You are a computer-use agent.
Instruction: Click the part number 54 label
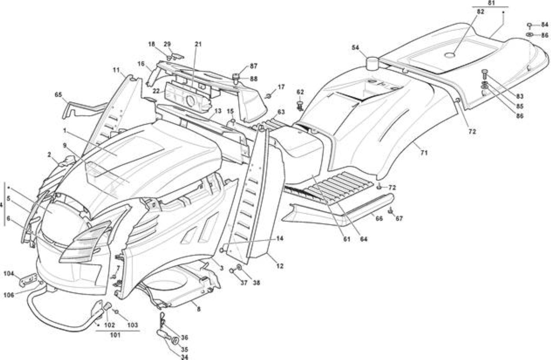(x=356, y=47)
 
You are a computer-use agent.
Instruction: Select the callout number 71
(x=424, y=153)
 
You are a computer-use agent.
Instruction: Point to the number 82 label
(x=480, y=12)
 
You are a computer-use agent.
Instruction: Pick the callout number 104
(x=9, y=274)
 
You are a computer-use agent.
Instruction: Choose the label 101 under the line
(x=115, y=335)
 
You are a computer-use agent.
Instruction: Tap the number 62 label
(x=300, y=92)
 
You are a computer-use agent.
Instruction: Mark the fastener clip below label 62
(x=300, y=105)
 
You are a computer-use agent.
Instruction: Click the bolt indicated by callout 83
(x=484, y=74)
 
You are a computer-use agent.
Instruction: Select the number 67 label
(x=399, y=218)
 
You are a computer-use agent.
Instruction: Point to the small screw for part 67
(x=390, y=211)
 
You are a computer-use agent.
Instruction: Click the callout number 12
(x=280, y=266)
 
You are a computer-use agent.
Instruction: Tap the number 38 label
(x=256, y=283)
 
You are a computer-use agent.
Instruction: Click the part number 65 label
(x=59, y=94)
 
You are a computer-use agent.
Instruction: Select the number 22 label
(x=156, y=91)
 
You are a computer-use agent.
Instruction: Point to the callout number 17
(x=281, y=87)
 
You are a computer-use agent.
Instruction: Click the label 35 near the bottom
(x=184, y=350)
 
